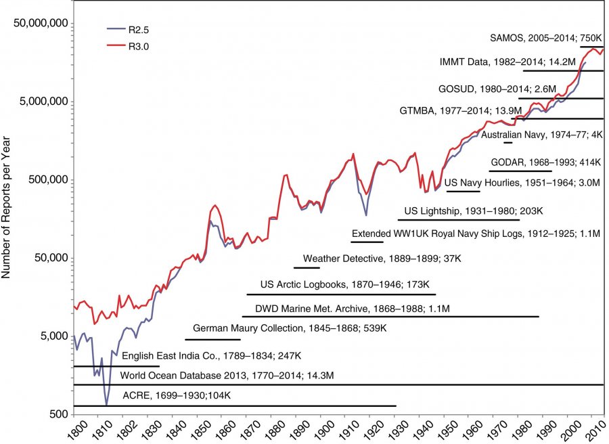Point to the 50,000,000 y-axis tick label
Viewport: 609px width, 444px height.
[x=41, y=24]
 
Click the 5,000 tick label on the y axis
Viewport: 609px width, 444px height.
[x=53, y=336]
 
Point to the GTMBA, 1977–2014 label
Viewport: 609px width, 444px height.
[x=480, y=109]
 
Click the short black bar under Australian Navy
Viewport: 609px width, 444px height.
[x=507, y=143]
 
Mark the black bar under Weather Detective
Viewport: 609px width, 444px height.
[x=307, y=268]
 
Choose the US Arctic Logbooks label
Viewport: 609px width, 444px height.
[x=345, y=285]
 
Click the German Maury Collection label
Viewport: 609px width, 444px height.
[x=290, y=328]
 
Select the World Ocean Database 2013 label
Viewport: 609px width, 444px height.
[x=227, y=375]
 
